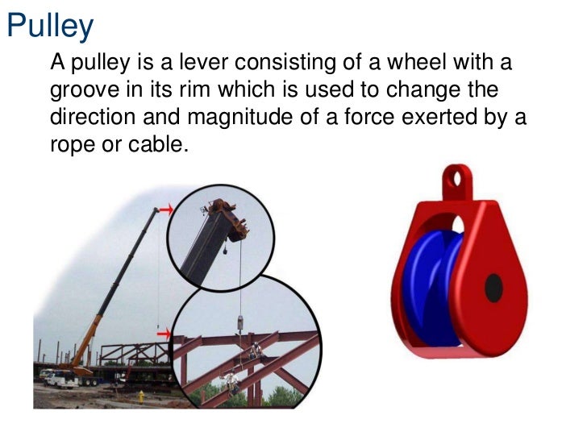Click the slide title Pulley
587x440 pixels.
50,27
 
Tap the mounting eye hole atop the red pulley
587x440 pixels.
458,175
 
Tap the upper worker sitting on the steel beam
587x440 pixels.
256,350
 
